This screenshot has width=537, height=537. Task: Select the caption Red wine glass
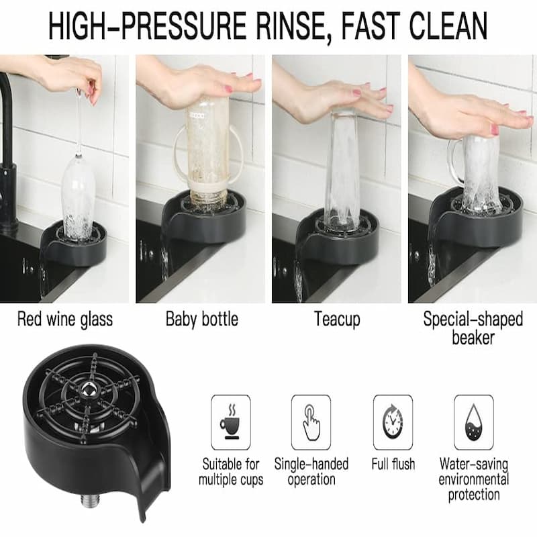coord(65,318)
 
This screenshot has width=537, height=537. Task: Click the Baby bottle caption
coord(201,318)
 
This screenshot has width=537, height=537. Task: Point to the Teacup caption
coord(338,318)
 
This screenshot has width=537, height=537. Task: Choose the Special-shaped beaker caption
coord(473,327)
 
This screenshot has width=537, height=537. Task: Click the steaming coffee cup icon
coord(231,422)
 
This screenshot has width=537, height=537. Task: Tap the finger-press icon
coord(311,422)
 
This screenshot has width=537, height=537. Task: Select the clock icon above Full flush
coord(393,422)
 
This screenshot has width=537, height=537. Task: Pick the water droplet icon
coord(474,422)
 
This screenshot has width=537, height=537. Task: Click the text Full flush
coord(393,464)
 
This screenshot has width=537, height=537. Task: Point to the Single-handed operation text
coord(311,471)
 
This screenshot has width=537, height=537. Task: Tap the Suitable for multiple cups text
coord(231,471)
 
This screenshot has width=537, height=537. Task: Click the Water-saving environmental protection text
coord(474,479)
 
